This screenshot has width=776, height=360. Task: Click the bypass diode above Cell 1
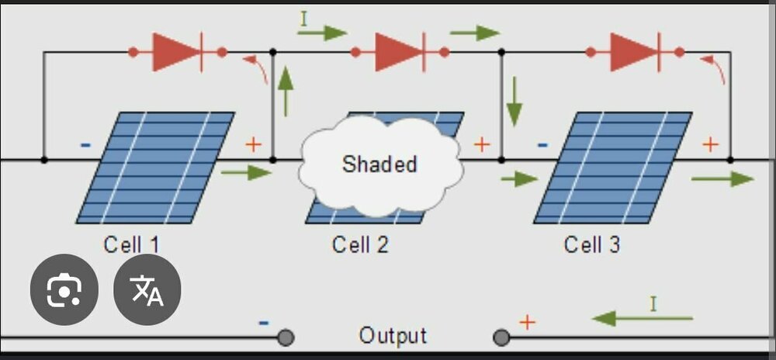178,53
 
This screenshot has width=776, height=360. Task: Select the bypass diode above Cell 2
400,53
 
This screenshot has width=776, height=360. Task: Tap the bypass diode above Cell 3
635,53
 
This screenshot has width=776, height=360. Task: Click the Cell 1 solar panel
155,168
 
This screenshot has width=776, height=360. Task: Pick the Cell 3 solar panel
613,168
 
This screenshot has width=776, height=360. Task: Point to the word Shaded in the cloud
379,164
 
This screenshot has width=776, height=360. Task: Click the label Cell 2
360,245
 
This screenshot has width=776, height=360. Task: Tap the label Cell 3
592,245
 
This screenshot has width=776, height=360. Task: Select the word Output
393,336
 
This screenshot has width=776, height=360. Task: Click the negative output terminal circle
286,337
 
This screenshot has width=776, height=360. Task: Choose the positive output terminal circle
502,337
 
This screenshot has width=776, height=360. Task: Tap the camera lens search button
64,290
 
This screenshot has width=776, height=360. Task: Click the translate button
147,290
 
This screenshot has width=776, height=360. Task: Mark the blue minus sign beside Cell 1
85,144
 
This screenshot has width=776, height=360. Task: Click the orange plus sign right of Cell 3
710,144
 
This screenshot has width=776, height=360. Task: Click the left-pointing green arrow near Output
642,318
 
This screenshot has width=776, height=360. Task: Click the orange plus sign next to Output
527,321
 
